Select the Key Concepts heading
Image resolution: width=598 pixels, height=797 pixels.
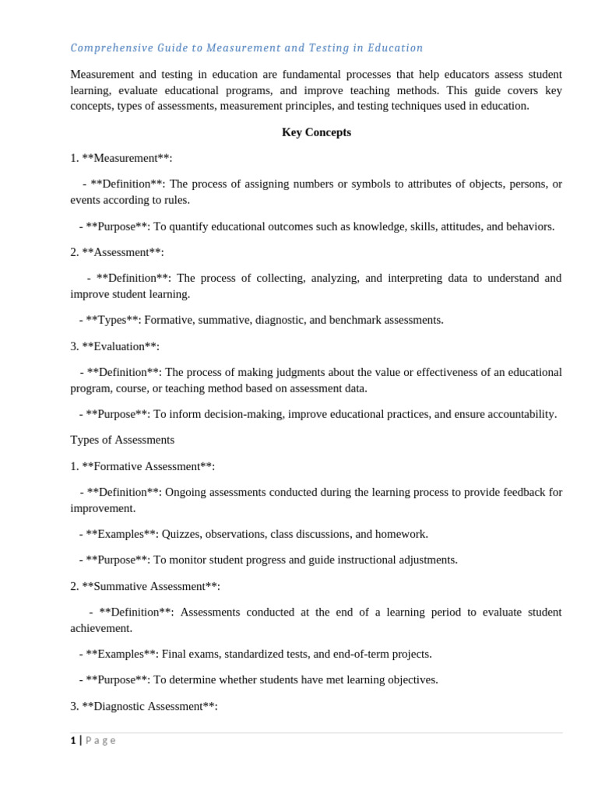click(x=316, y=132)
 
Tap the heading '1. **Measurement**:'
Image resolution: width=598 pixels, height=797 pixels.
click(x=121, y=158)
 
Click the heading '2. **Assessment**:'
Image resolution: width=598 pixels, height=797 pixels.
click(x=117, y=252)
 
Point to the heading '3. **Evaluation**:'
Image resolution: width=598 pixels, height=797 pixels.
click(x=114, y=346)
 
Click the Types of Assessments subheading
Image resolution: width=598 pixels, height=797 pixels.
click(x=122, y=440)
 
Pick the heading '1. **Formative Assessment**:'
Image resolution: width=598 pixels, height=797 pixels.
click(x=142, y=466)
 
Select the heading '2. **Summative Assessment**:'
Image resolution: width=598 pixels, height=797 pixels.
click(x=145, y=586)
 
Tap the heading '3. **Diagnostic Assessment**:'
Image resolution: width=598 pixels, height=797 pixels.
click(x=144, y=706)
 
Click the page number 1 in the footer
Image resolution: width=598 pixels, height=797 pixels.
click(x=73, y=741)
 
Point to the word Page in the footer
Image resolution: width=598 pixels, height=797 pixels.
click(x=100, y=741)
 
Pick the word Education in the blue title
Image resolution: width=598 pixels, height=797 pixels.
click(x=396, y=48)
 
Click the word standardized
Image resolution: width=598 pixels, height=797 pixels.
click(x=249, y=654)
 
